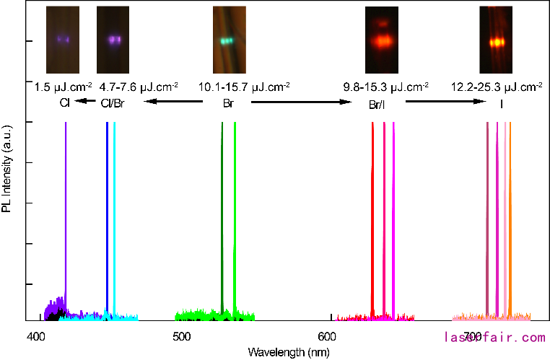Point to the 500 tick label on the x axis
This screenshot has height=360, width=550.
click(182, 336)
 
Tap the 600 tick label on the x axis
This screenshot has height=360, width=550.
click(328, 336)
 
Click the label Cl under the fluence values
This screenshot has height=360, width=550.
click(64, 103)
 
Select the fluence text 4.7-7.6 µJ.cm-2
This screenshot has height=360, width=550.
click(139, 87)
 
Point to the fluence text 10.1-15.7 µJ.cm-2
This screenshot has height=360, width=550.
click(245, 87)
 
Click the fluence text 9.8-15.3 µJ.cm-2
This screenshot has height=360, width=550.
click(385, 87)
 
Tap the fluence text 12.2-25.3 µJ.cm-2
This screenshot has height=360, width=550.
click(497, 87)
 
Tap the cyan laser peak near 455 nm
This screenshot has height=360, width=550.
click(114, 216)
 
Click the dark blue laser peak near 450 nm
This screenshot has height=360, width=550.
click(107, 216)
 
